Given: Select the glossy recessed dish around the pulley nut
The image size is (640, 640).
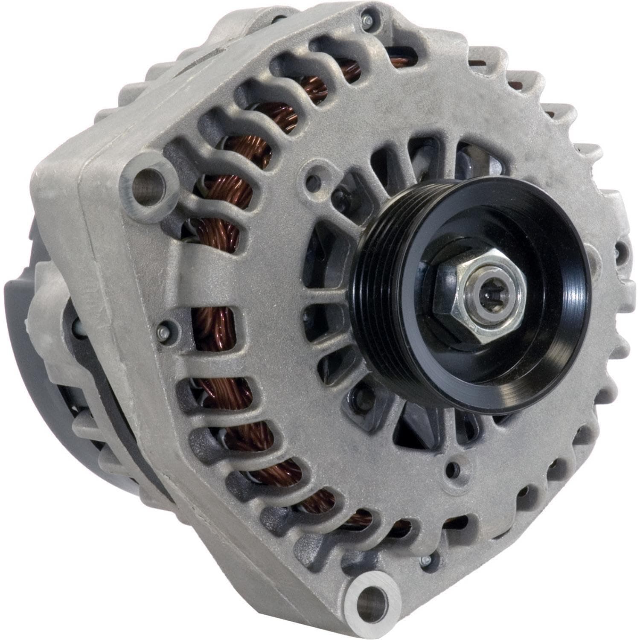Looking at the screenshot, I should [x=533, y=324].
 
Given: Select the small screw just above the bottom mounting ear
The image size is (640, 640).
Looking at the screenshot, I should [x=425, y=561].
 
